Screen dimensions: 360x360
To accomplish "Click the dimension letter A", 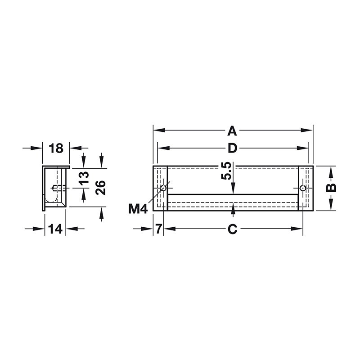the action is coord(232,131).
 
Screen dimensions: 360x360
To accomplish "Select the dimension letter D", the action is coord(232,148).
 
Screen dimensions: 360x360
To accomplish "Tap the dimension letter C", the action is coord(232,229).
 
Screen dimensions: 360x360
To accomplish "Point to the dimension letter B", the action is coord(331,188).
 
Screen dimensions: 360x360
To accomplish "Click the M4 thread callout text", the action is coord(138,209).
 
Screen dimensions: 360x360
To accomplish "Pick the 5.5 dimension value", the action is coord(226,171).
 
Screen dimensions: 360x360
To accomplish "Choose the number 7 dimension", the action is coord(159,229).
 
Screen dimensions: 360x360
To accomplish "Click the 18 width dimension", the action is coord(56,148).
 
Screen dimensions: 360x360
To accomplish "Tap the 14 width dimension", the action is coord(55,229).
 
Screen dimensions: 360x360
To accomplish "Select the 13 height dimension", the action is coord(84,178).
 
